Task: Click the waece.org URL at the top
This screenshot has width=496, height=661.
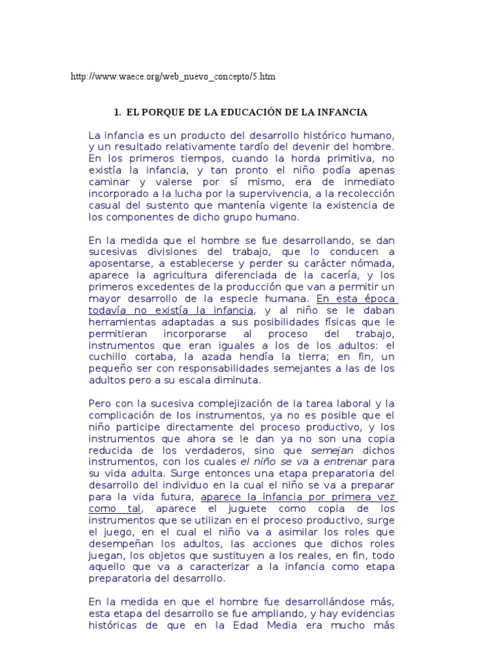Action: (172, 77)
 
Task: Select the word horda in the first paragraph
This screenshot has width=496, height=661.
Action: (296, 159)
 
